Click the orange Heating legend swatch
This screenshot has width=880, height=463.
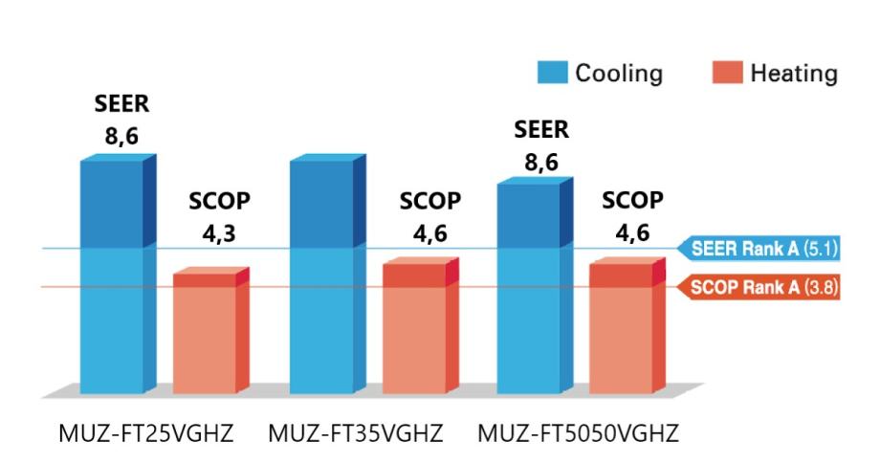click(728, 73)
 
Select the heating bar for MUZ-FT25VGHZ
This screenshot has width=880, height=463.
click(204, 335)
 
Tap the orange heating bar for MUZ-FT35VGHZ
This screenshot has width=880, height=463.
click(413, 330)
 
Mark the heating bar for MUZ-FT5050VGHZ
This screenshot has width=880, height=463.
click(621, 330)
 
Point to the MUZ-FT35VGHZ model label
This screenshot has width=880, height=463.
click(356, 433)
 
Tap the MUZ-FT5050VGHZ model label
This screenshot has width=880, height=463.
click(578, 433)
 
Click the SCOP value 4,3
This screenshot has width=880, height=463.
click(221, 235)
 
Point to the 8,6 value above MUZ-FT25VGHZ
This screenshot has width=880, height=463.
click(121, 137)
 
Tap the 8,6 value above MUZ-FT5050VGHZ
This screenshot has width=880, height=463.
click(540, 162)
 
